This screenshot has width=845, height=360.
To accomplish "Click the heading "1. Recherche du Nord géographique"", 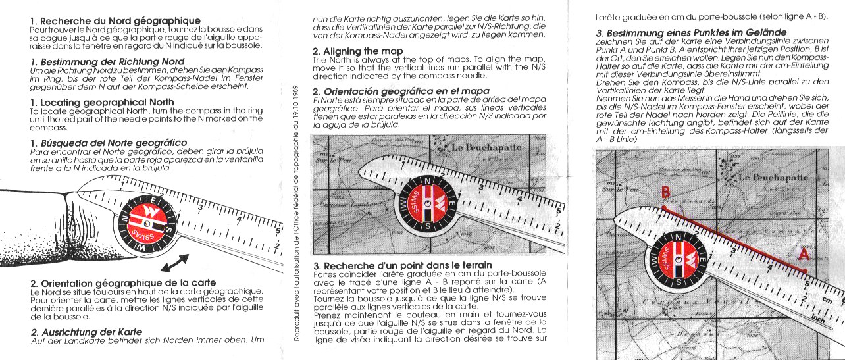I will [x=115, y=21].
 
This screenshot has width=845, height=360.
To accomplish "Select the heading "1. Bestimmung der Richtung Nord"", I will [x=107, y=61].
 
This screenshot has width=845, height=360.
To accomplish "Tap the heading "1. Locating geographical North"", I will [x=102, y=102].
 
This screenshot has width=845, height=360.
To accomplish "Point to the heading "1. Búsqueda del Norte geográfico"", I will [x=109, y=143].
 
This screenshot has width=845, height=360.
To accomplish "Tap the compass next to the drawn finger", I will [x=143, y=222].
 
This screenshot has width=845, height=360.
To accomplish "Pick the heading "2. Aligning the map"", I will [x=357, y=51].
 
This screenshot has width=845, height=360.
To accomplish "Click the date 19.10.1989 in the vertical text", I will [x=296, y=105].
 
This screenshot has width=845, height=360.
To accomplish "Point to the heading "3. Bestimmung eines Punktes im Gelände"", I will [x=691, y=32].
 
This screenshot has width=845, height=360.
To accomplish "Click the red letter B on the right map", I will [x=665, y=193].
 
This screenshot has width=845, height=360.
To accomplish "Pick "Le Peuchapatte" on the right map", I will [x=773, y=178].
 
